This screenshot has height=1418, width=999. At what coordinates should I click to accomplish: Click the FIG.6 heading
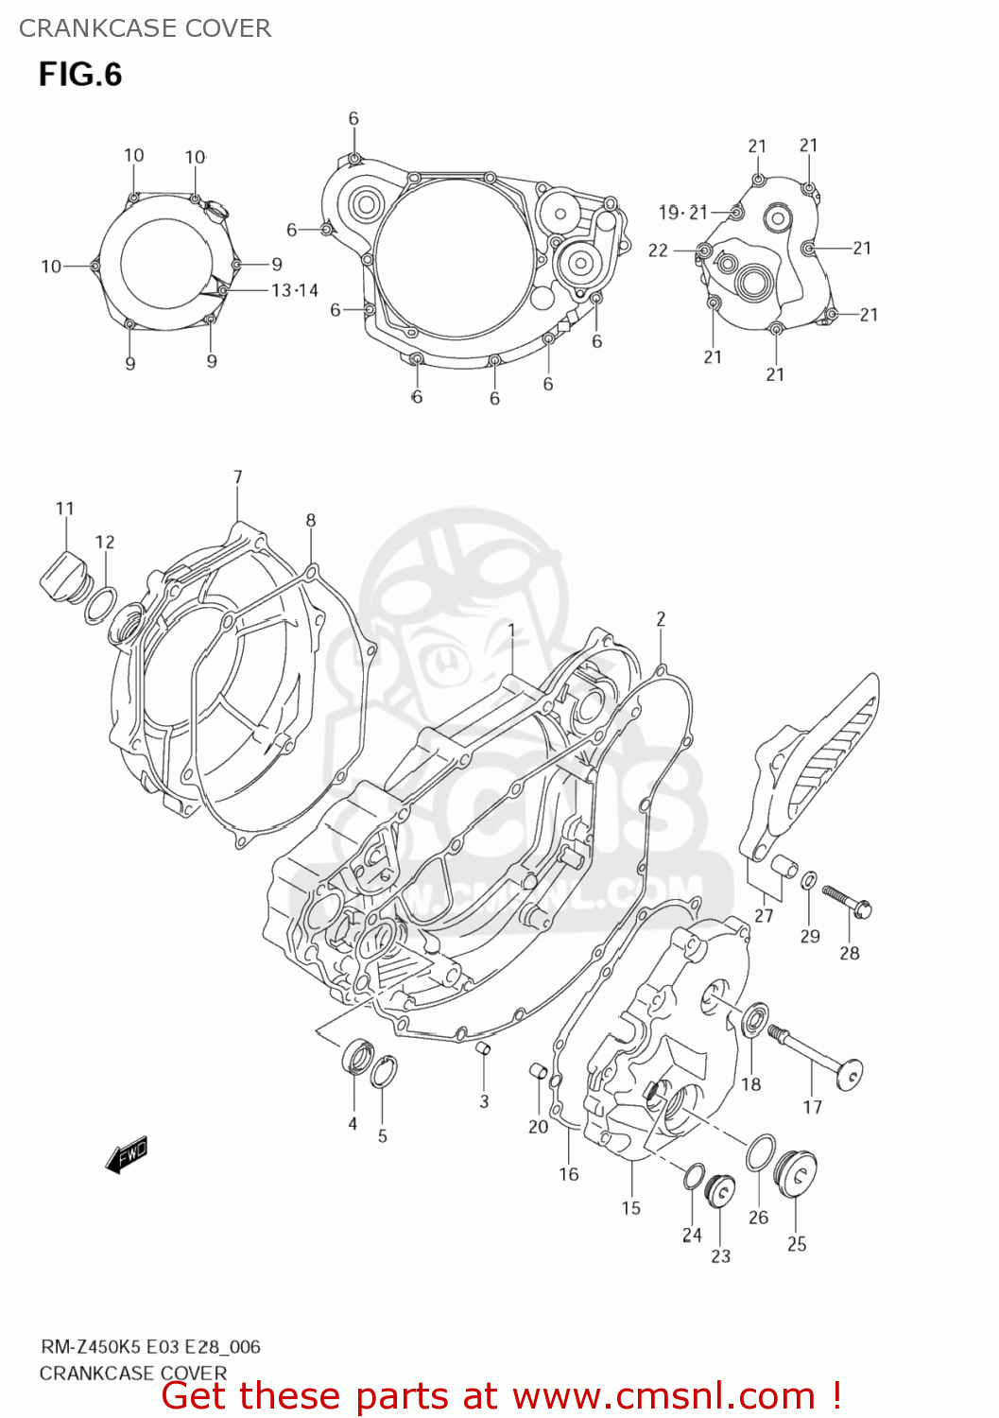point(80,74)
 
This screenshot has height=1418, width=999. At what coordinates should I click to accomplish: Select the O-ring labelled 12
point(101,605)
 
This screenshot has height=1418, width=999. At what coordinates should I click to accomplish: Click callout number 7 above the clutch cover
point(238,477)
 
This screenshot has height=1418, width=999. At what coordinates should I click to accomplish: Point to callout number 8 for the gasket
point(311,520)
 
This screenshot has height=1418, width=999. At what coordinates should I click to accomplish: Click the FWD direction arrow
point(127,1154)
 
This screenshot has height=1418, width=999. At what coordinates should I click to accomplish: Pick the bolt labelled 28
point(847,901)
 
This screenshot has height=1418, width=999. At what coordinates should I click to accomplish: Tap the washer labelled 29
point(809,882)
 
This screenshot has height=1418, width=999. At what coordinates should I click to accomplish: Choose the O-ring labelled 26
point(761,1152)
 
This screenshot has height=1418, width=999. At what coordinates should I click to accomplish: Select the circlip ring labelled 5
point(384,1072)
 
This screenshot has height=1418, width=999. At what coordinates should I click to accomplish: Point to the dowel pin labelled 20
point(538,1072)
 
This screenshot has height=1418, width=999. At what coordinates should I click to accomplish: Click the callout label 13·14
point(295,291)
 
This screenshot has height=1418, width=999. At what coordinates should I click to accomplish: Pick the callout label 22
point(658,251)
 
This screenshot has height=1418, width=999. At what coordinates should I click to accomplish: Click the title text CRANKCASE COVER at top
point(145,28)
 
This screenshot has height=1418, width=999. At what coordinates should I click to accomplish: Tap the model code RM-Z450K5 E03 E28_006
point(150,1347)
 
